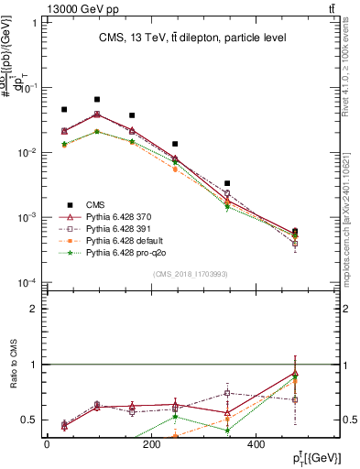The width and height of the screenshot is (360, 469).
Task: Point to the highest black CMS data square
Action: point(97,99)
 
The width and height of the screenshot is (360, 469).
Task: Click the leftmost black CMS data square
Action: point(64,109)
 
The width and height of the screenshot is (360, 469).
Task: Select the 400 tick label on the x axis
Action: point(254,442)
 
